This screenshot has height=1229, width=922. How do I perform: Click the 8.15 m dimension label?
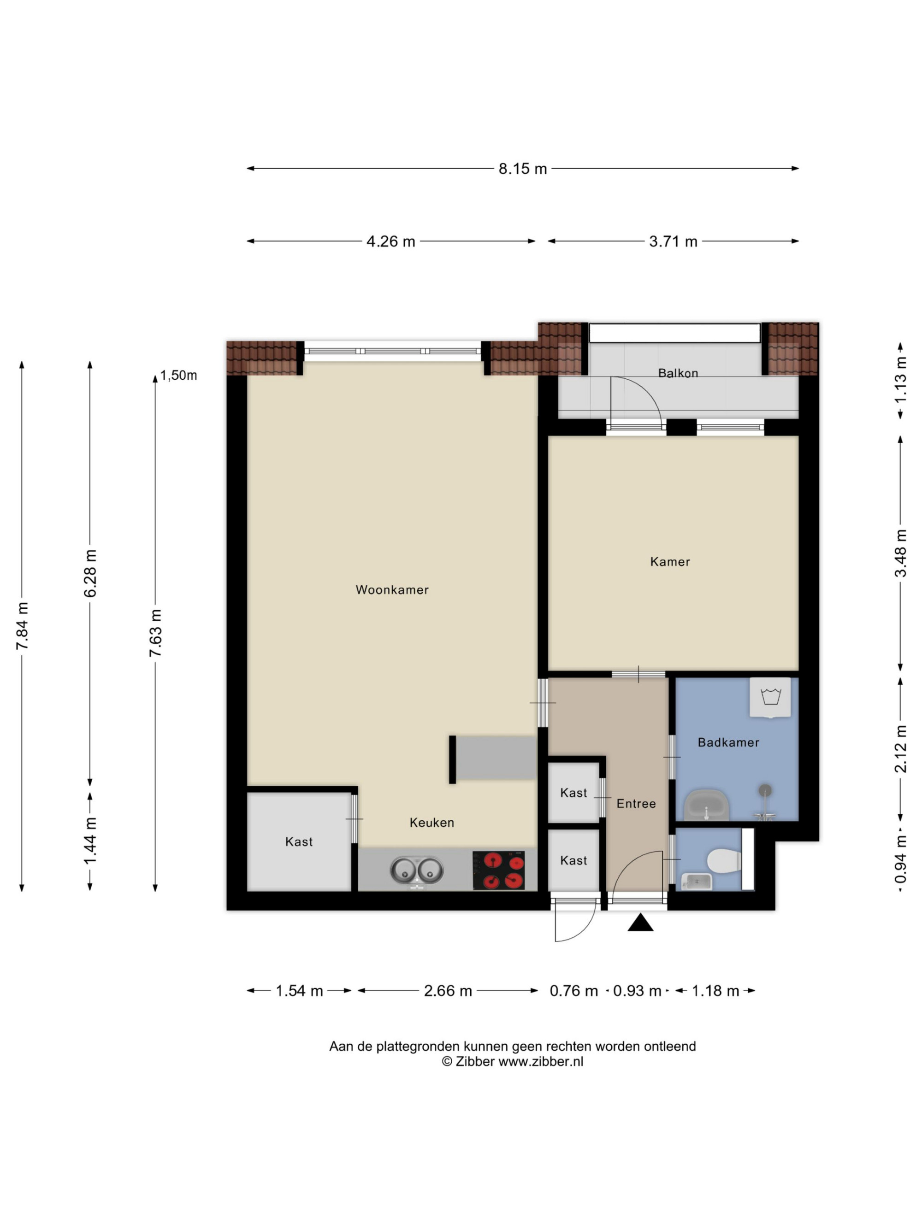(522, 169)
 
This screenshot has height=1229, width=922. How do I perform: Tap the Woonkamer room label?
(392, 589)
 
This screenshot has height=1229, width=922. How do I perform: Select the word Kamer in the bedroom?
(670, 562)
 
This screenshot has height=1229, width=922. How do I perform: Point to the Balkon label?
(678, 373)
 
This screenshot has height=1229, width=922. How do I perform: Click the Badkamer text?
(728, 742)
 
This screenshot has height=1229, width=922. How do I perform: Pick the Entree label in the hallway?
(636, 803)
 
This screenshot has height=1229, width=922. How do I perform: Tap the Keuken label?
(431, 822)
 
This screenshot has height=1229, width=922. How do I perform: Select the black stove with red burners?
(498, 870)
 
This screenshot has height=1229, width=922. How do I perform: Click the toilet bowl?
(724, 861)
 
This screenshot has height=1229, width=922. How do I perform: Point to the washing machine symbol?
(770, 697)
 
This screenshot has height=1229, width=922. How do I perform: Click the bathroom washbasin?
(706, 805)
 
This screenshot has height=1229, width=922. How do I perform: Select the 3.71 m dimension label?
(673, 241)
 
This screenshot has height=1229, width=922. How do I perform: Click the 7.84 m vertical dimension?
(22, 626)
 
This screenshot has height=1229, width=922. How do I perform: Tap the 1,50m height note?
(178, 376)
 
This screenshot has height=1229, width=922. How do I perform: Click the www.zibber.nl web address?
(540, 1061)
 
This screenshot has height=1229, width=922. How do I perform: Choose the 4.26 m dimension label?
(390, 241)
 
